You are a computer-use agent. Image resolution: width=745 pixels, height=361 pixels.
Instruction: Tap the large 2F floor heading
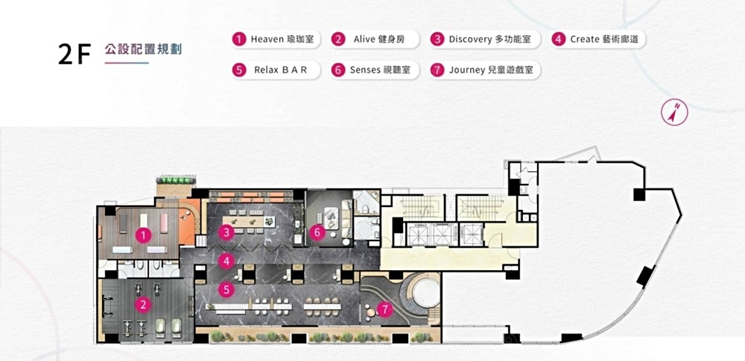pyautogui.click(x=74, y=54)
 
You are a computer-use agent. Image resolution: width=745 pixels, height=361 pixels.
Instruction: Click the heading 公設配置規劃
pyautogui.click(x=144, y=49)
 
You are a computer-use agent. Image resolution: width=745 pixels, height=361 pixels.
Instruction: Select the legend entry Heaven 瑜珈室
pyautogui.click(x=276, y=39)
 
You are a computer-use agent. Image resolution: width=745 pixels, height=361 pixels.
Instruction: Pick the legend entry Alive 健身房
pyautogui.click(x=375, y=39)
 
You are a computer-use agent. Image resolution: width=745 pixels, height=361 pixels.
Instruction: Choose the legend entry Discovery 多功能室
pyautogui.click(x=485, y=39)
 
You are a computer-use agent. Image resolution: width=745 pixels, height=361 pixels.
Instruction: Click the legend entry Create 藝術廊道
pyautogui.click(x=598, y=39)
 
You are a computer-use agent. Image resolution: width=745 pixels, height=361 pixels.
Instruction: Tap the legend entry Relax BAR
pyautogui.click(x=276, y=70)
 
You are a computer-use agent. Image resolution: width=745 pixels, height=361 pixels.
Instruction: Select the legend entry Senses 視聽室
pyautogui.click(x=375, y=70)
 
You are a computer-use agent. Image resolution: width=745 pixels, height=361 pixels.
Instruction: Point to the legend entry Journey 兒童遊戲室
pyautogui.click(x=485, y=70)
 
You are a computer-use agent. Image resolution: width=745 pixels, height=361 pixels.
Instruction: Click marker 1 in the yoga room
pyautogui.click(x=143, y=234)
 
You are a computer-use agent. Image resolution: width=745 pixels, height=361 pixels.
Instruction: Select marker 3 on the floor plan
pyautogui.click(x=226, y=232)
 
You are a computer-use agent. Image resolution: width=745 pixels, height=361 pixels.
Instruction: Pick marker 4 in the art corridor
pyautogui.click(x=226, y=261)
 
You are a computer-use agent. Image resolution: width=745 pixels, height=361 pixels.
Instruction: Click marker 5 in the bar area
pyautogui.click(x=226, y=290)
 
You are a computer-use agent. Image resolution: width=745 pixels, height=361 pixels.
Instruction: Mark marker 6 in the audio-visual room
pyautogui.click(x=317, y=232)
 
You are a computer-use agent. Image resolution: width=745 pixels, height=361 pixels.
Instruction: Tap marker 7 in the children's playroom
pyautogui.click(x=384, y=310)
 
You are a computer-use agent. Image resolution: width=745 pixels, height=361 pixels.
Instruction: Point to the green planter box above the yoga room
pyautogui.click(x=177, y=180)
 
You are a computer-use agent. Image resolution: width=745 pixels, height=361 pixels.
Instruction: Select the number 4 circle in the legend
pyautogui.click(x=559, y=39)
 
